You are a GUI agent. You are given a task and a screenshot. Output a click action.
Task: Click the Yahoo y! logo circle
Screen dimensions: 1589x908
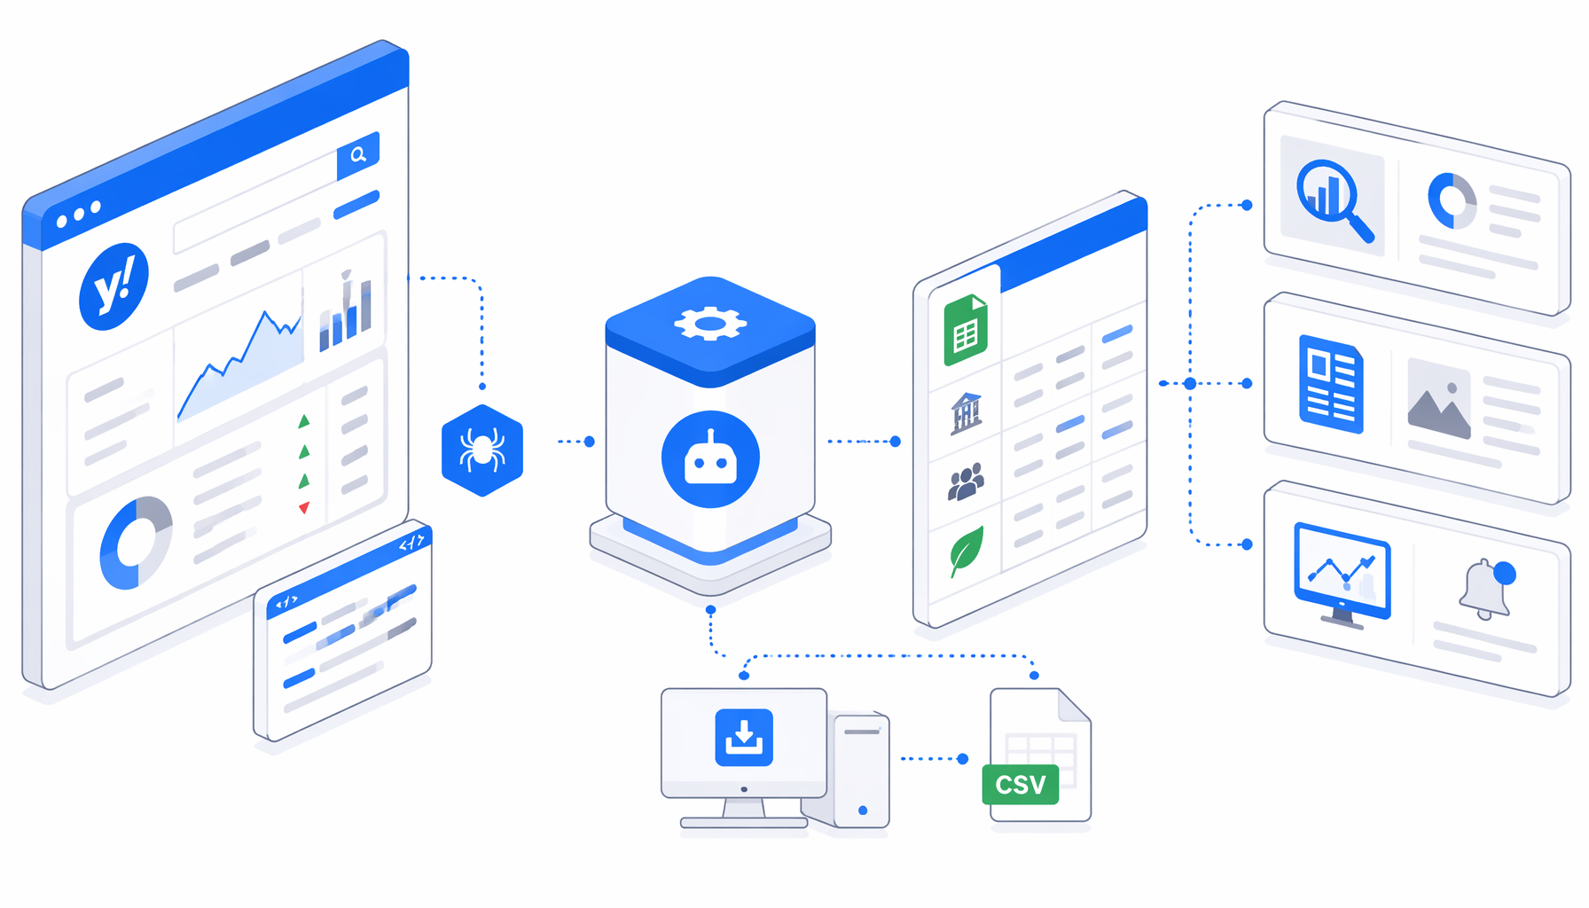pyautogui.click(x=113, y=286)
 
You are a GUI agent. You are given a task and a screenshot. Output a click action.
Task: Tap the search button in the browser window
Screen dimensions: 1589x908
pyautogui.click(x=358, y=155)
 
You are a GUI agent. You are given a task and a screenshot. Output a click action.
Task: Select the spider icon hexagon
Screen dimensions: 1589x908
pyautogui.click(x=482, y=450)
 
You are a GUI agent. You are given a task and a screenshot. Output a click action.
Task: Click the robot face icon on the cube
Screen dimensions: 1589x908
pyautogui.click(x=710, y=459)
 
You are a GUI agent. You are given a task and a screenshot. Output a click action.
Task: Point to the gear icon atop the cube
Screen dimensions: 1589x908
pyautogui.click(x=710, y=324)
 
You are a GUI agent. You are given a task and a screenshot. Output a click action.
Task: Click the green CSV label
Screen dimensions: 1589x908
pyautogui.click(x=1021, y=785)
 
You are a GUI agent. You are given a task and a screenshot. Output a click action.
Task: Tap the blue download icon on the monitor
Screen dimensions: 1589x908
pyautogui.click(x=744, y=737)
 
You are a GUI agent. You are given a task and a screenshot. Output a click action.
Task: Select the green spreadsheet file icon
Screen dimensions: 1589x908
pyautogui.click(x=966, y=330)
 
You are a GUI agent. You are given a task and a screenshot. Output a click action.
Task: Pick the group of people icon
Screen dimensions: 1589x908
pyautogui.click(x=966, y=481)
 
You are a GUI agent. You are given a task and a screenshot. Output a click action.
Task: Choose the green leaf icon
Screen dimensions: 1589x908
pyautogui.click(x=967, y=551)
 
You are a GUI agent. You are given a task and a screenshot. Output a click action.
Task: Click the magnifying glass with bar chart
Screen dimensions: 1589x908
pyautogui.click(x=1335, y=200)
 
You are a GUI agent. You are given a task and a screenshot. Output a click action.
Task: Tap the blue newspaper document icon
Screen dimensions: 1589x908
pyautogui.click(x=1331, y=385)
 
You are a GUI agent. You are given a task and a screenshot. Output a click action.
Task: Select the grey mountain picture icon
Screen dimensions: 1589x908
pyautogui.click(x=1439, y=398)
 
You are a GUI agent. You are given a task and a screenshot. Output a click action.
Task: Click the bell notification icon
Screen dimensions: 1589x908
pyautogui.click(x=1486, y=589)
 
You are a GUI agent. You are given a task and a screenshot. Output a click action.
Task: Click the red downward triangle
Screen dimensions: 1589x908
pyautogui.click(x=304, y=508)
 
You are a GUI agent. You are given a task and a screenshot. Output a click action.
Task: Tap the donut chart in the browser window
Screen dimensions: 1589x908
pyautogui.click(x=136, y=543)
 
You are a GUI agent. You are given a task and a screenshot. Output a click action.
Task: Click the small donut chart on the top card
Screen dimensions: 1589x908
pyautogui.click(x=1452, y=201)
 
